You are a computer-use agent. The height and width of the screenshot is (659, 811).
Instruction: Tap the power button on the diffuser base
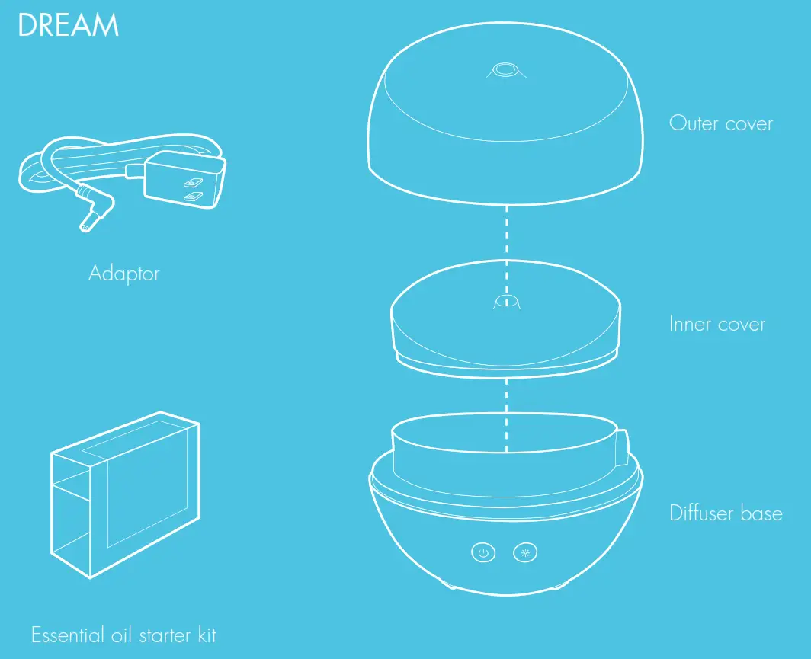point(482,552)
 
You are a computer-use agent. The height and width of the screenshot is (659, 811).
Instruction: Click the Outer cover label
point(720,123)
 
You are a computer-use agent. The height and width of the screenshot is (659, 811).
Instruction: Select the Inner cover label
point(716,324)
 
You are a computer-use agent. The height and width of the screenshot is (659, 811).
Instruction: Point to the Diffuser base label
point(726,513)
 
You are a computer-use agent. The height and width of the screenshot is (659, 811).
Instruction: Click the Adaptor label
point(124,273)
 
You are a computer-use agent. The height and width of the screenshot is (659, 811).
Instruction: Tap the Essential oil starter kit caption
point(123,634)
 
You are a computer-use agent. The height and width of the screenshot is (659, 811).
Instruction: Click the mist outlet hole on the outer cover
point(502,72)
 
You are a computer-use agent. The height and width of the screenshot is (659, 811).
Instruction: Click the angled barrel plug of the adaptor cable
point(94,210)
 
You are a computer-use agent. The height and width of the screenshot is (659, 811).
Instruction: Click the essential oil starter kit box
point(126,495)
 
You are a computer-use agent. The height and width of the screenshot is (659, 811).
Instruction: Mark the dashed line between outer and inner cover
point(504,241)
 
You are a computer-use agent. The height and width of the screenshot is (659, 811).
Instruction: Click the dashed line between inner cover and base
point(504,411)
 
